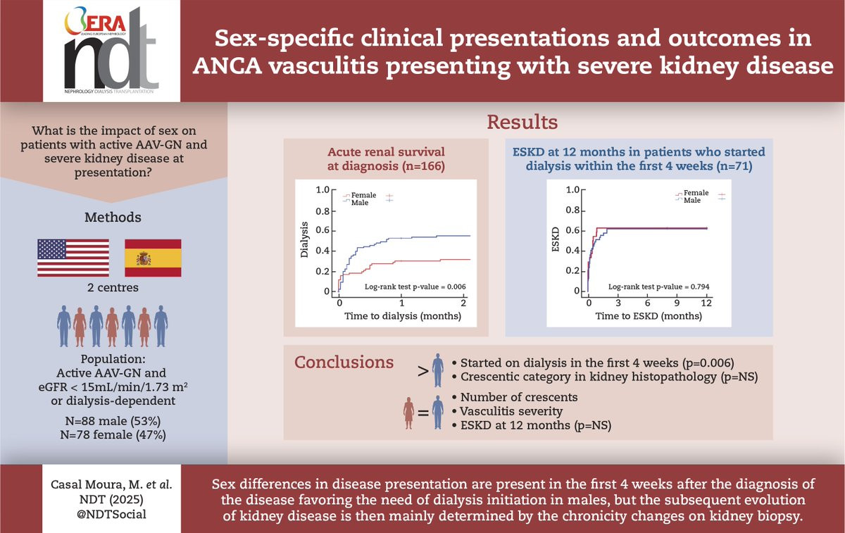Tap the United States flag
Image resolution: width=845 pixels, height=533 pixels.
click(x=73, y=258)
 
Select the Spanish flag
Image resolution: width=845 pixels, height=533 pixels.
click(x=153, y=258)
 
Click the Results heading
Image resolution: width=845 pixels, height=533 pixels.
click(x=522, y=123)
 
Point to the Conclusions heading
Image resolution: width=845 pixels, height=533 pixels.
click(x=344, y=362)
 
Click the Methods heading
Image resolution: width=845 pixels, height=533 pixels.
click(x=113, y=217)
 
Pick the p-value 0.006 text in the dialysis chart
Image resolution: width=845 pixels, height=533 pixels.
click(x=415, y=287)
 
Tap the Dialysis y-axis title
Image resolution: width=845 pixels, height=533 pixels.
click(x=305, y=240)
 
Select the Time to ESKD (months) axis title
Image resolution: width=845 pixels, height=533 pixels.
click(x=647, y=316)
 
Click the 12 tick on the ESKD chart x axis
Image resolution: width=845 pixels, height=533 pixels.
click(x=706, y=303)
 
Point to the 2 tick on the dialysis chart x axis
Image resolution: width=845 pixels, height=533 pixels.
click(x=463, y=303)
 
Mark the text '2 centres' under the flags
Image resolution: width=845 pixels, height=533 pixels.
click(x=113, y=287)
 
